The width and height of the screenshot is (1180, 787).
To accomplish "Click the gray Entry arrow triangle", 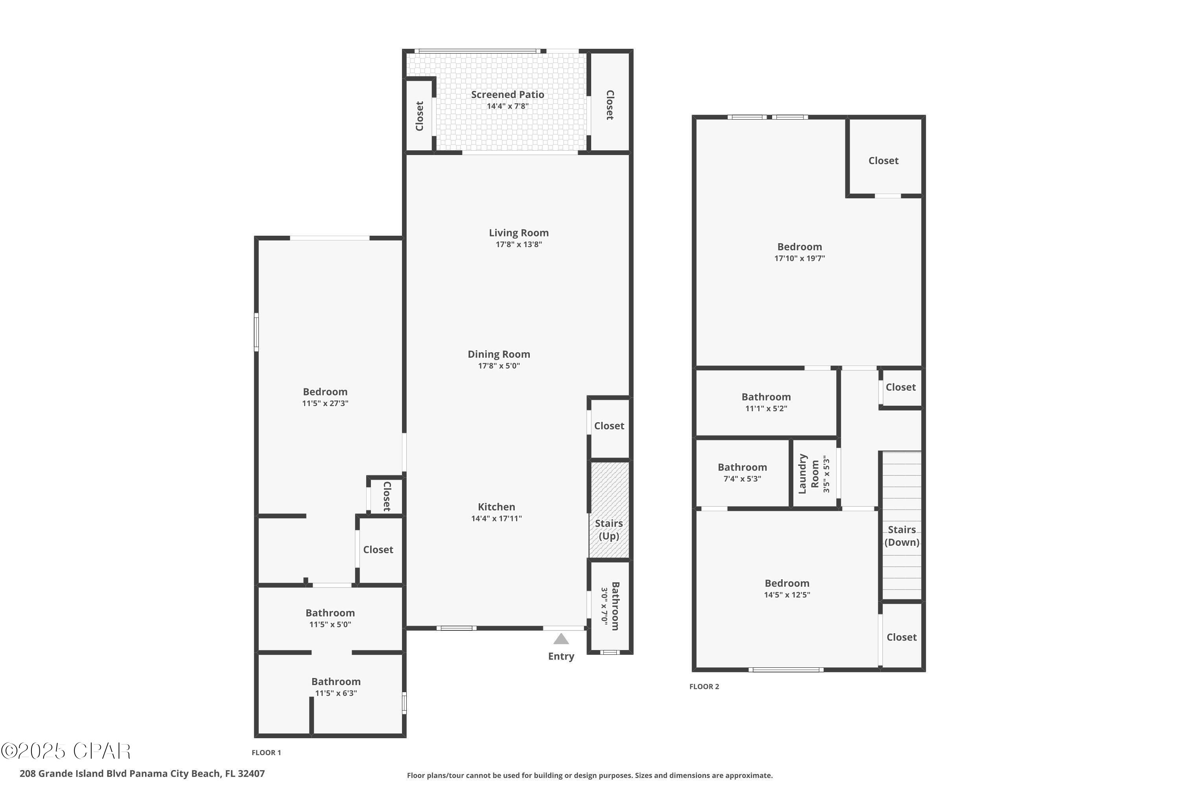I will click(561, 639).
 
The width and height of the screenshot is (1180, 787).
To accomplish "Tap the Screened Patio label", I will click(507, 94).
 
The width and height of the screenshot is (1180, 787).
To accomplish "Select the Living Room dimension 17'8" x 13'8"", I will click(519, 244).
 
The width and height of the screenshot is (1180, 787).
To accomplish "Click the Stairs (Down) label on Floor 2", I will click(902, 536).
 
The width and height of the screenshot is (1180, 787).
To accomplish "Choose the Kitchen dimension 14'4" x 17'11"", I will click(496, 519).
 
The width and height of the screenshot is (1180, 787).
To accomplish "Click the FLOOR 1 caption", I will click(266, 752).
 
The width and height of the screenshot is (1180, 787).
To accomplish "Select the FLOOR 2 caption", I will click(704, 687).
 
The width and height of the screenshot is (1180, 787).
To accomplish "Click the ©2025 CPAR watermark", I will click(66, 751).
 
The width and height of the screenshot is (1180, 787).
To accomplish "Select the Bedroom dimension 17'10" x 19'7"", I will click(799, 259).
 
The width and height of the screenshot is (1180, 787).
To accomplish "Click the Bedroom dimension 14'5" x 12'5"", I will click(787, 595).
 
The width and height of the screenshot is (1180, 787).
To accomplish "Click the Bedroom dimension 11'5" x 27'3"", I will click(325, 404).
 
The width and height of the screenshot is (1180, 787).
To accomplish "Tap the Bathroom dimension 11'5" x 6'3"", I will click(336, 693).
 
